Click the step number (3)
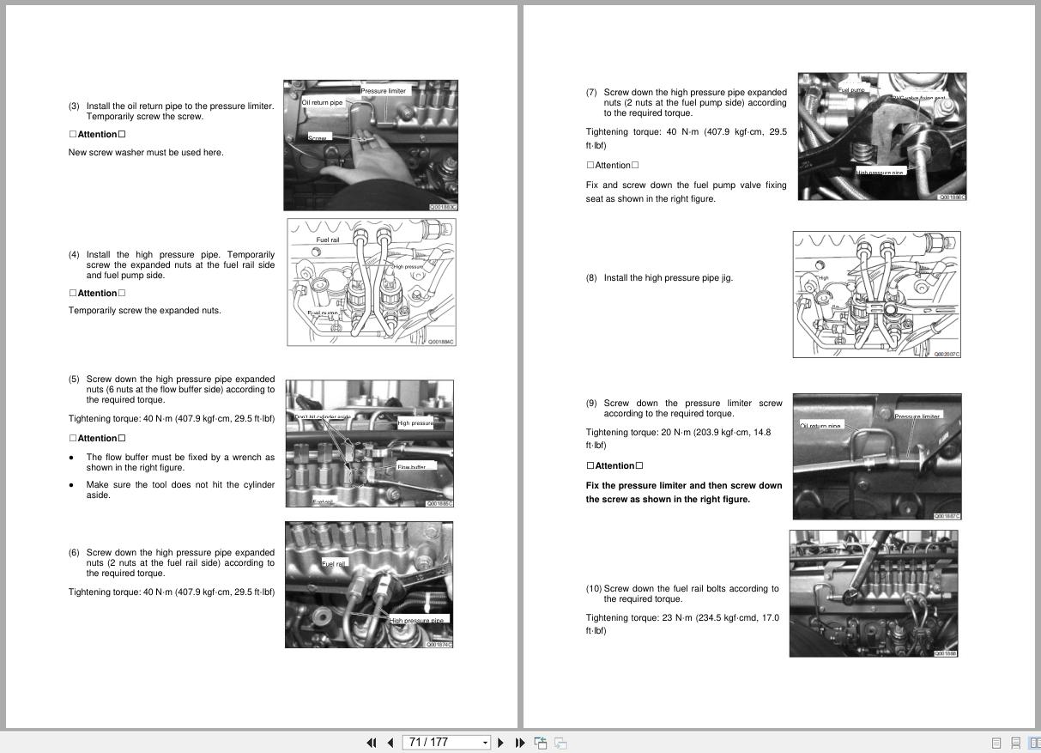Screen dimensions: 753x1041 [74, 106]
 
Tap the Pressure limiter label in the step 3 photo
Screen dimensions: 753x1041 [384, 91]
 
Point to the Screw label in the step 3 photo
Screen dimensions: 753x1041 [318, 137]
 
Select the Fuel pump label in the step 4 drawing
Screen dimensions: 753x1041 [323, 313]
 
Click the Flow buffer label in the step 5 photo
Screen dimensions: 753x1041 [412, 467]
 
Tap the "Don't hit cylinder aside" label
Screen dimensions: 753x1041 [324, 417]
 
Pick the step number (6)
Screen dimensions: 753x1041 [74, 553]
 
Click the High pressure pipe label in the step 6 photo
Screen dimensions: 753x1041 [417, 620]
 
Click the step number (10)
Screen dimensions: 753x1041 [594, 589]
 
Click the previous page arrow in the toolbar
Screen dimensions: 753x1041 [390, 743]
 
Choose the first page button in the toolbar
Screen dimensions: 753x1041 [372, 743]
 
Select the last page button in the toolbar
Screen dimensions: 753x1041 [519, 743]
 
